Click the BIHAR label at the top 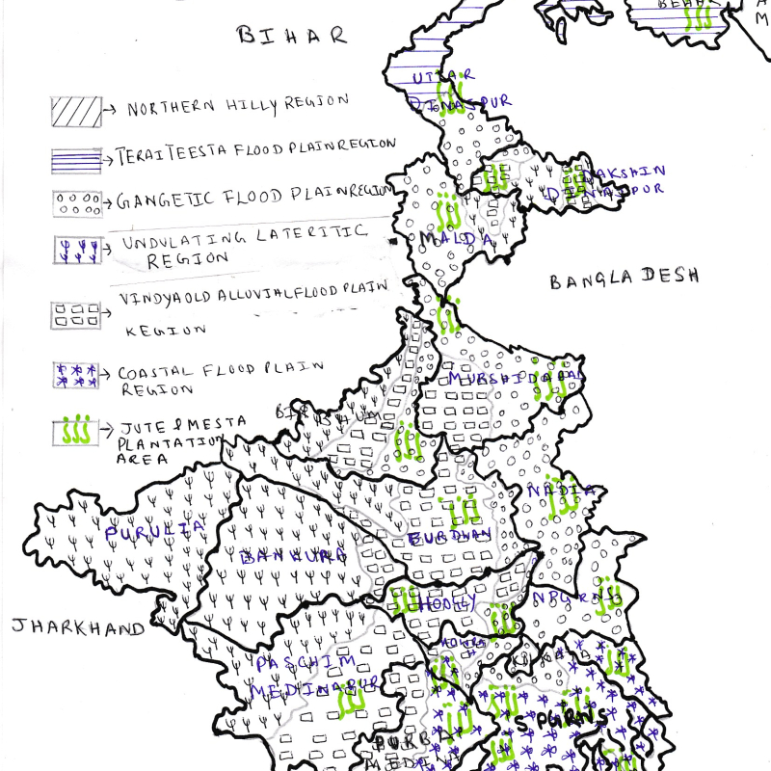pos(290,36)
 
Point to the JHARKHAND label pos(77,627)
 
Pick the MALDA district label pos(456,237)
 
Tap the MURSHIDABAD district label pos(513,378)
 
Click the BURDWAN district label pos(450,537)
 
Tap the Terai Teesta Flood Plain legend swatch pos(76,158)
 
